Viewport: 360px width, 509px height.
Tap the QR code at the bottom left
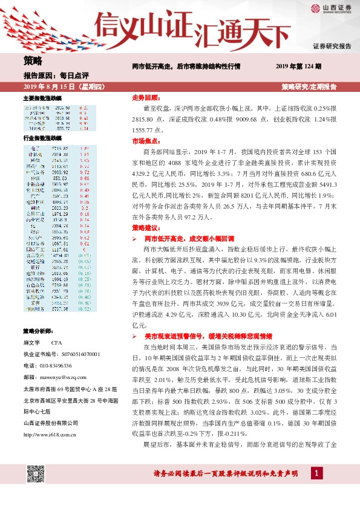(36, 476)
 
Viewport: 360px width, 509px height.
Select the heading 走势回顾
(145, 97)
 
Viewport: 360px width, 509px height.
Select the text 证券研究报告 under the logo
(332, 46)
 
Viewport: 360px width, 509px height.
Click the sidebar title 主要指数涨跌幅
(42, 98)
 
